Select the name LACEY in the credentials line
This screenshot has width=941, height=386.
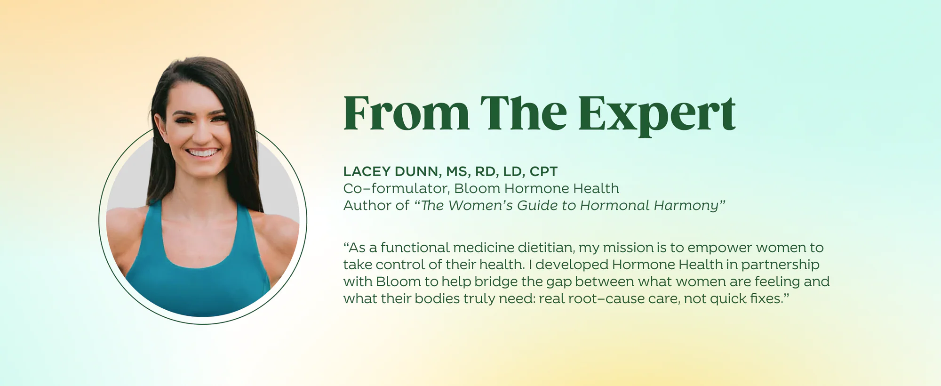tap(367, 171)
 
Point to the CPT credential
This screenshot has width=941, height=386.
tap(543, 171)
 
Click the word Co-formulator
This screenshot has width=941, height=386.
tap(397, 188)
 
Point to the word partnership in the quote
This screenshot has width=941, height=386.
tap(780, 265)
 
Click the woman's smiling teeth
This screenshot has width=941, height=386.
tap(203, 153)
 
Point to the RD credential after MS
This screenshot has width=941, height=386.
tap(486, 171)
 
